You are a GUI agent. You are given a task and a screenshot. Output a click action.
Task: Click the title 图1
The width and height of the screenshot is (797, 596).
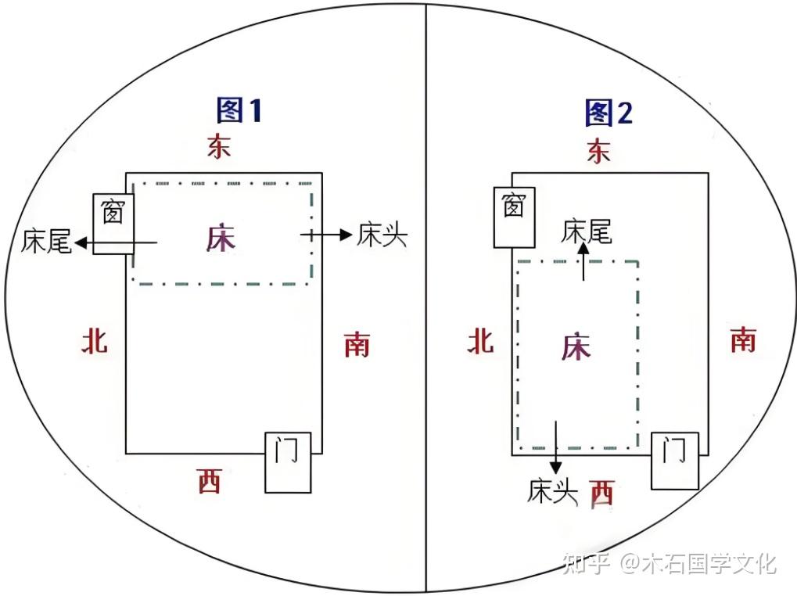coord(239,111)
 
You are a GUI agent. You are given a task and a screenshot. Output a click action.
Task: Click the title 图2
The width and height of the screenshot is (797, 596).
coord(609,113)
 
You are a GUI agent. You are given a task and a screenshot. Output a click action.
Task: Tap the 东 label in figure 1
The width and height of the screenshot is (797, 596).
coord(219,146)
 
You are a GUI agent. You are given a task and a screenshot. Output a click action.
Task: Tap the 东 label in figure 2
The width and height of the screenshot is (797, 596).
coord(598,151)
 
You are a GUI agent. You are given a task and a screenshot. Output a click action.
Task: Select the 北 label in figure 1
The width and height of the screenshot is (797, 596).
coord(95,340)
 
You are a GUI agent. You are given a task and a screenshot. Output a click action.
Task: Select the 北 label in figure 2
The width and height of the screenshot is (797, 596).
coord(480,340)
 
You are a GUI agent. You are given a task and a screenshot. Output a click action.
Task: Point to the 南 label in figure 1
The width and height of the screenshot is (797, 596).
coord(357,343)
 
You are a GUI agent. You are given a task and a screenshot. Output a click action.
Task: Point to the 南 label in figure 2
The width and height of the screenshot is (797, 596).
coord(743,339)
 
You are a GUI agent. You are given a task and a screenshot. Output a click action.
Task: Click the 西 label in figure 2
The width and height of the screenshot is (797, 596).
coord(601,492)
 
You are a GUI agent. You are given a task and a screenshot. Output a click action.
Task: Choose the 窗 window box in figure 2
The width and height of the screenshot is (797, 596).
coord(513,217)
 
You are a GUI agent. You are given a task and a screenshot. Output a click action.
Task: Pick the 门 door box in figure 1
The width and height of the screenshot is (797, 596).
coord(287,461)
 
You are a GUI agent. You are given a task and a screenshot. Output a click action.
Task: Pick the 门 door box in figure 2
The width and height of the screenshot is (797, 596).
coord(674,461)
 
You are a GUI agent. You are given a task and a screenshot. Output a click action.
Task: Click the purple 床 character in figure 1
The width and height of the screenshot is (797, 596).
coord(221,239)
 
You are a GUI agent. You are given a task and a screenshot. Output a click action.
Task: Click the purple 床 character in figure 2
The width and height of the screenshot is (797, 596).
coord(575,347)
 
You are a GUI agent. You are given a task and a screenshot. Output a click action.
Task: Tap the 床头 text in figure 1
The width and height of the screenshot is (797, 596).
coord(382,235)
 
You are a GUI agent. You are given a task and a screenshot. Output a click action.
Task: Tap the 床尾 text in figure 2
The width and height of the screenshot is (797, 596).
coord(587,232)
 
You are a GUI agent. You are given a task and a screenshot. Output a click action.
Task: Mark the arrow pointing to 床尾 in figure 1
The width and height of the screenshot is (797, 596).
coord(117,243)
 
